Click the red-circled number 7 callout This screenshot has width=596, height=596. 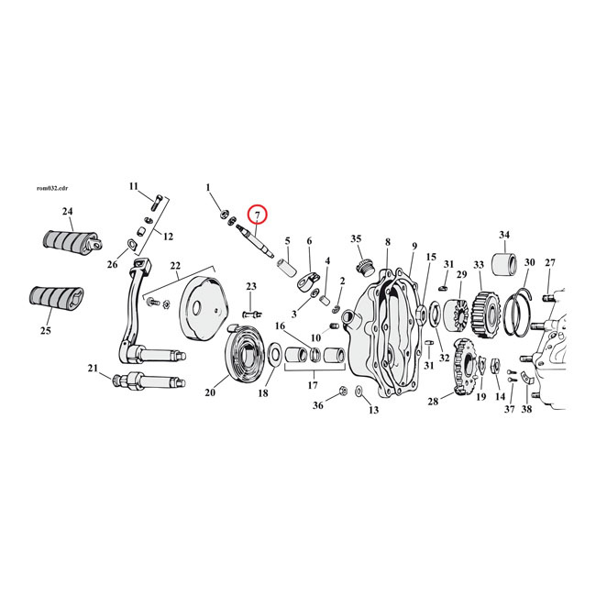tap(259, 216)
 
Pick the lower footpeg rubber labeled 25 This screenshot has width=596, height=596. tap(59, 302)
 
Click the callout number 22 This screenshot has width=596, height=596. tap(174, 266)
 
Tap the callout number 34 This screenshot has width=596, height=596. tap(503, 236)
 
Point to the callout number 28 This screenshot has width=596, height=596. tap(434, 401)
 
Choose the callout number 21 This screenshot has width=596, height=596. tap(93, 369)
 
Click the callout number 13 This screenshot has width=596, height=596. tap(373, 410)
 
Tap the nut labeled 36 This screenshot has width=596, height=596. tap(341, 392)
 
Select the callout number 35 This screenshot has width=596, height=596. tap(357, 239)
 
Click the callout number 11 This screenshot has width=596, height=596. tap(133, 188)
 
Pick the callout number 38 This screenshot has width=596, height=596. tap(526, 409)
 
